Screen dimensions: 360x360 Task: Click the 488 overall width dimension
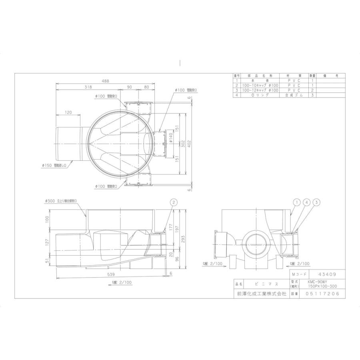(x=105, y=81)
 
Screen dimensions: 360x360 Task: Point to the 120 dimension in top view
(x=68, y=113)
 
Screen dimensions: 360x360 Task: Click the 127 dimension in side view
(x=47, y=242)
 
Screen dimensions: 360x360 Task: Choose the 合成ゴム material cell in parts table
(x=294, y=96)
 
